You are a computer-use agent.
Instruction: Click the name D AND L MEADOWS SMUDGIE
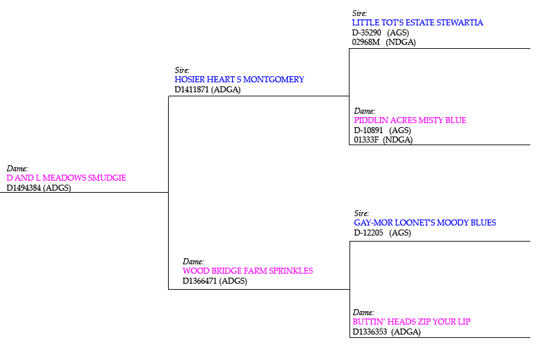[x=66, y=178]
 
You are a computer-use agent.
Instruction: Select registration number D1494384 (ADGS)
[x=39, y=188]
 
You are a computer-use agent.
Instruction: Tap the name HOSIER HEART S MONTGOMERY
[x=239, y=80]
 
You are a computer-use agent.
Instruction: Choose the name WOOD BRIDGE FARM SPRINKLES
[x=248, y=271]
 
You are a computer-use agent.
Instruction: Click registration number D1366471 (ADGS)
[x=215, y=281]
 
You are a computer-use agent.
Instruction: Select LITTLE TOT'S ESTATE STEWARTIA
[x=417, y=23]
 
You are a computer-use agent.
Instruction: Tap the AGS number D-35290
[x=366, y=32]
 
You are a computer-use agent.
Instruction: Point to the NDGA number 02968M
[x=366, y=42]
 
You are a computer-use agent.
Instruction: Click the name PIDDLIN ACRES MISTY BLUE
[x=410, y=120]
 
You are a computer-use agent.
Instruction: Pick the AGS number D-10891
[x=368, y=130]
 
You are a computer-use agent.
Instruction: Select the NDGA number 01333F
[x=366, y=140]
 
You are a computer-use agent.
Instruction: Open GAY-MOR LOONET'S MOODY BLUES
[x=424, y=223]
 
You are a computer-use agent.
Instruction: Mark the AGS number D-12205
[x=368, y=233]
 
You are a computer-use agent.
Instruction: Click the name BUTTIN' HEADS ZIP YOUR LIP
[x=411, y=322]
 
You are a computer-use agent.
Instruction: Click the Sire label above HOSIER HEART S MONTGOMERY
[x=182, y=70]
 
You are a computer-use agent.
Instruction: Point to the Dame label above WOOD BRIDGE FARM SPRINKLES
[x=193, y=261]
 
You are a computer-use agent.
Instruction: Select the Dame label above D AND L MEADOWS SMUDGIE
[x=17, y=169]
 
